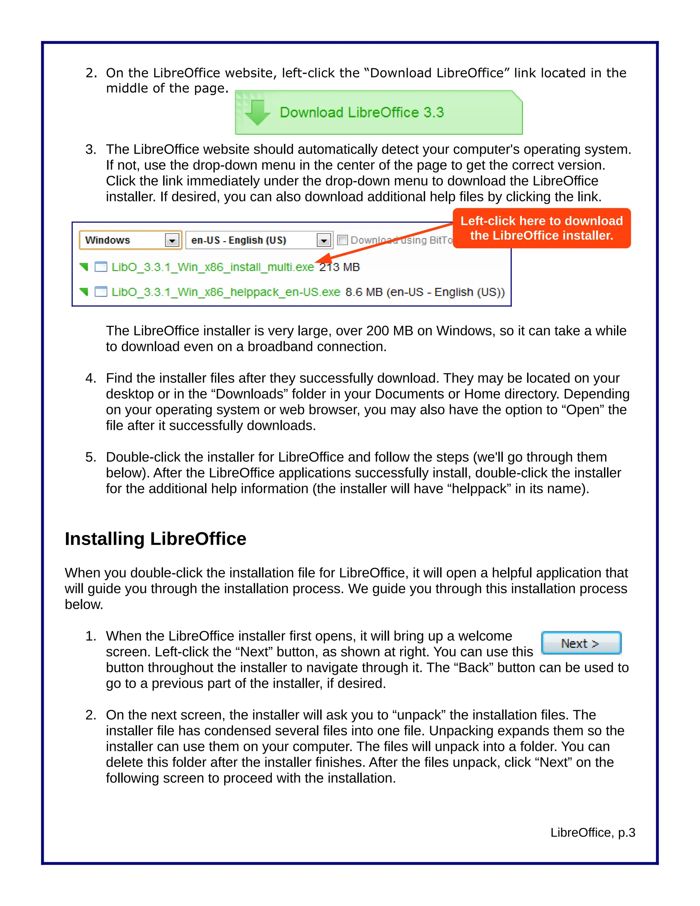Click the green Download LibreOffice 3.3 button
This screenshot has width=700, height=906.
(x=378, y=112)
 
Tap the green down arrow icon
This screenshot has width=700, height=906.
(x=257, y=112)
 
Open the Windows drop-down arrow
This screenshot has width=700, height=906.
(x=172, y=240)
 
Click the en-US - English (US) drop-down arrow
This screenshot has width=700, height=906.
(x=323, y=240)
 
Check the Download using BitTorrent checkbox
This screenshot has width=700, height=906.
(x=342, y=240)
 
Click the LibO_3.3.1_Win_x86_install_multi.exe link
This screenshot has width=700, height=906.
(x=213, y=267)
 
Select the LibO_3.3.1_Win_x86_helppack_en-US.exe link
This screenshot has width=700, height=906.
(x=226, y=292)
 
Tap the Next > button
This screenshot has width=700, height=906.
(x=581, y=643)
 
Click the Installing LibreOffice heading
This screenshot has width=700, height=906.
(x=156, y=539)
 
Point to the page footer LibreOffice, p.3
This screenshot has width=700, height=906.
(x=593, y=832)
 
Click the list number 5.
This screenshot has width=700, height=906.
(x=90, y=457)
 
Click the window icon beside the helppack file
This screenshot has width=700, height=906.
(x=101, y=292)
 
